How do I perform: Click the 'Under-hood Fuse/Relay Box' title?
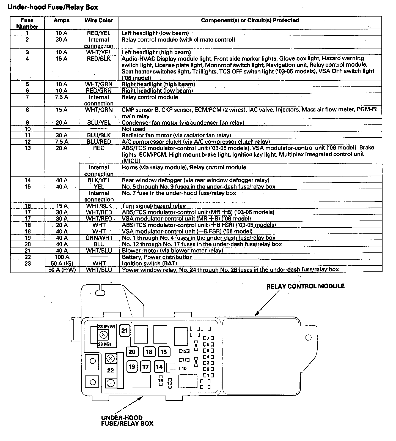[53, 7]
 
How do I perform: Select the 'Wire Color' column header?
[99, 20]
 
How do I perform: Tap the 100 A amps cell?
[62, 257]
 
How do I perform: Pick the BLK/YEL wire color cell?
[99, 180]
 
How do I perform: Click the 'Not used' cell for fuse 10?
[134, 129]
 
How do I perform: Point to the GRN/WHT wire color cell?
[99, 238]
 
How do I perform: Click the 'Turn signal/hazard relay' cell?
[154, 206]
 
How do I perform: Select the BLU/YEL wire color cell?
[99, 122]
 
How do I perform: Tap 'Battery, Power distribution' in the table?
[157, 257]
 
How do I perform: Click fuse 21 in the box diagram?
[125, 330]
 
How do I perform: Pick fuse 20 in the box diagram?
[132, 352]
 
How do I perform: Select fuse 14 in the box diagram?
[159, 367]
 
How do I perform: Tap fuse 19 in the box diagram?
[132, 367]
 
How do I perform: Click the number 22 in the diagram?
[110, 370]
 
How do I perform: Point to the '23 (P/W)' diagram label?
[107, 326]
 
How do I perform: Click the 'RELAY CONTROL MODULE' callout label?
[305, 286]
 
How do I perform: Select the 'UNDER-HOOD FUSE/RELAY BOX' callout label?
[127, 421]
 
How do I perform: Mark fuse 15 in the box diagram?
[164, 352]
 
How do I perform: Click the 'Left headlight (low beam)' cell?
[155, 33]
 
